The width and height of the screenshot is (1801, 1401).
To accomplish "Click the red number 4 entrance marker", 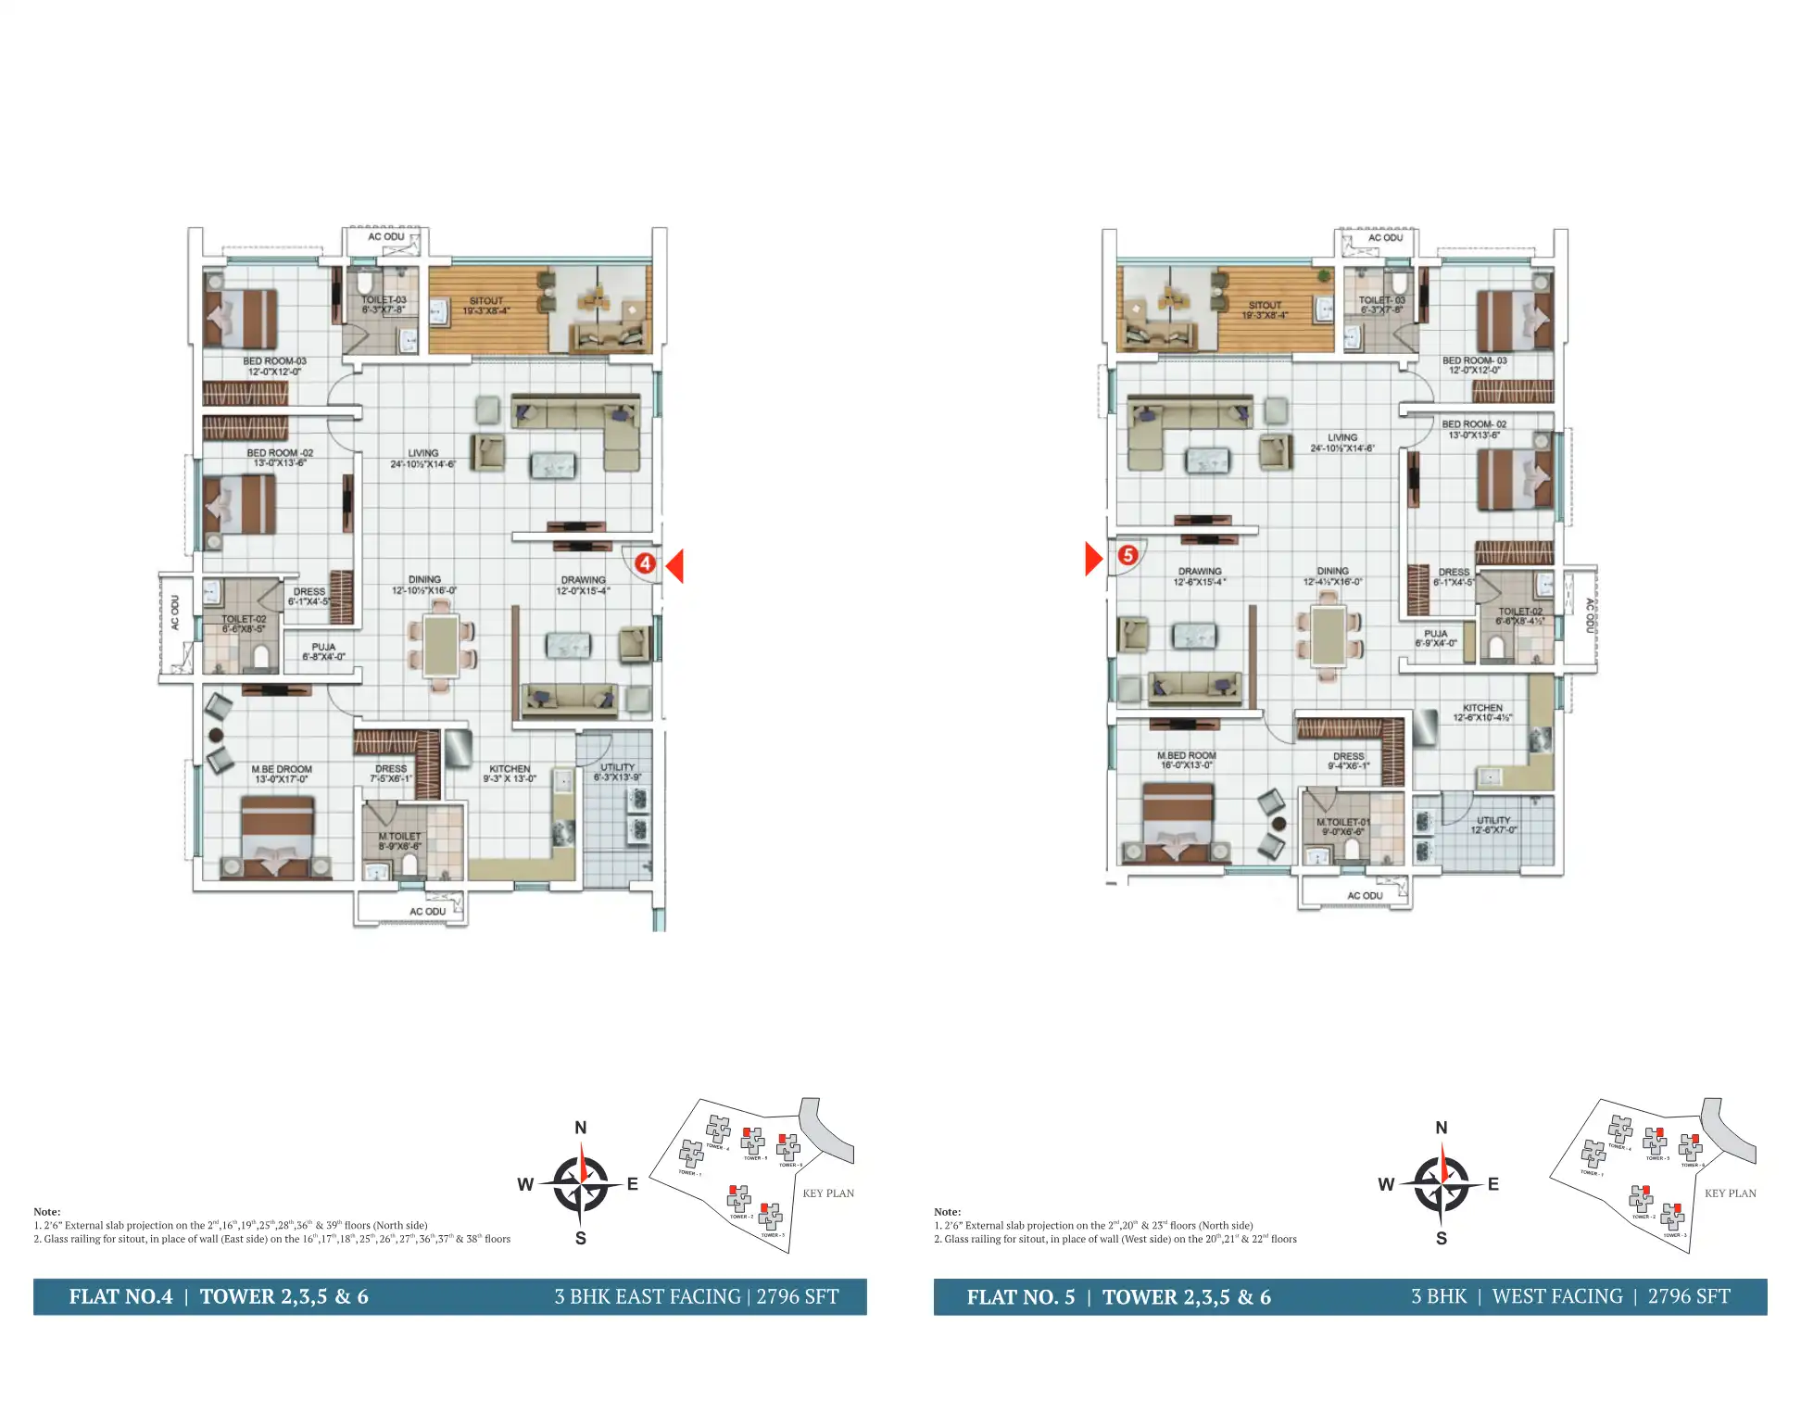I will tap(645, 562).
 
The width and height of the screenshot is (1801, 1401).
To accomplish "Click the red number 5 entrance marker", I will tap(1127, 555).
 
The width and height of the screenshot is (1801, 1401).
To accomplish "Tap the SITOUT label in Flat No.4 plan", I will tap(485, 301).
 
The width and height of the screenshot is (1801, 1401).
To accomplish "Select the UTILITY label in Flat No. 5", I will tap(1492, 820).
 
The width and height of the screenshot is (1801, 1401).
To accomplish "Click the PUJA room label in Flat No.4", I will tap(323, 647).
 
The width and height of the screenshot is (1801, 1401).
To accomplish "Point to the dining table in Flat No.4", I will tap(441, 645).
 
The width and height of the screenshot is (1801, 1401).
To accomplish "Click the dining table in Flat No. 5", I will tap(1329, 636).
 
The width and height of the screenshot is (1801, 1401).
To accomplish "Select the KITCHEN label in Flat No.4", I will tap(510, 768).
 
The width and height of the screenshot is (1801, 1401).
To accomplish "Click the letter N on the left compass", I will tap(581, 1128).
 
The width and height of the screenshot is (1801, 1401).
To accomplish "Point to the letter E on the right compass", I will tap(1492, 1184).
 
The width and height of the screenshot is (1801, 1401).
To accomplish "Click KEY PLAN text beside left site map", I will tap(828, 1193).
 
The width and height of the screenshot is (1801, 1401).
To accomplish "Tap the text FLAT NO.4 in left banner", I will tap(120, 1296).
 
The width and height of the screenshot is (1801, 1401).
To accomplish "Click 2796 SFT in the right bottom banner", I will tap(1688, 1296).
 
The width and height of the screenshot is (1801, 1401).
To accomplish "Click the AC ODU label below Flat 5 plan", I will tap(1365, 895).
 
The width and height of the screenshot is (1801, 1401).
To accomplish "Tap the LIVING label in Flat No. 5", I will tap(1341, 437).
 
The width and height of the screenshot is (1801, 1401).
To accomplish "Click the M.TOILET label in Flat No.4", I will tap(399, 836).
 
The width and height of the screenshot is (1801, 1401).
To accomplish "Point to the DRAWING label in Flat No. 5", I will tap(1200, 572).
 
